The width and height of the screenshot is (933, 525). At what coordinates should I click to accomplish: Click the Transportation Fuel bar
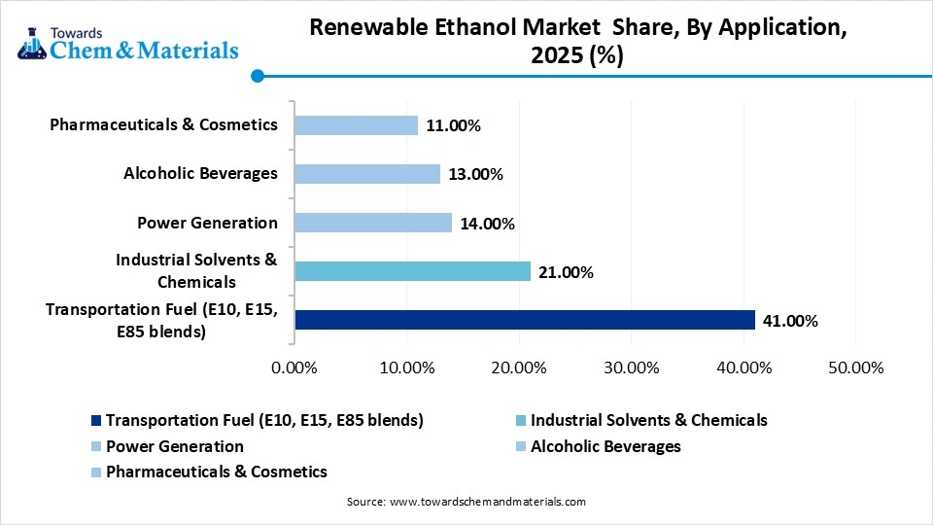coord(525,320)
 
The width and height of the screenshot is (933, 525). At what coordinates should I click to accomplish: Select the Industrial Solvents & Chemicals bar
coord(412,271)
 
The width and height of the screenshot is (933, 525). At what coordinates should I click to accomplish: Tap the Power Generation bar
coord(373,223)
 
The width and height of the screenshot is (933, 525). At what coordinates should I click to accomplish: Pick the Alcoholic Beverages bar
coord(367,174)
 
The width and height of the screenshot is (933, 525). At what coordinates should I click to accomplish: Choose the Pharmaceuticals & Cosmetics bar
coord(356,125)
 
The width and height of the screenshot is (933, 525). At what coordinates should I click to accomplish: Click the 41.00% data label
coord(789,321)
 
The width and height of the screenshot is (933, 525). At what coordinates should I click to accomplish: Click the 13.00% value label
coord(474,175)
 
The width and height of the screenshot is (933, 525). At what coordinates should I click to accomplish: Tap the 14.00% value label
coord(486,224)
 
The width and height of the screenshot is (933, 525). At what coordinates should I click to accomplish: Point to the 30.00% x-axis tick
coord(631,367)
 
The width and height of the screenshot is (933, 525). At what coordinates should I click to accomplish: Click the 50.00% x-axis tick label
coord(855,367)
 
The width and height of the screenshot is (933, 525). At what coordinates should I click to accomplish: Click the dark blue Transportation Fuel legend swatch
coord(95,421)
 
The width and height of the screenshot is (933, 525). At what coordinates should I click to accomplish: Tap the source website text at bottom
coord(466,502)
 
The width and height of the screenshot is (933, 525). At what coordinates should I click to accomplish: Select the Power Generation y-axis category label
coord(207,223)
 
